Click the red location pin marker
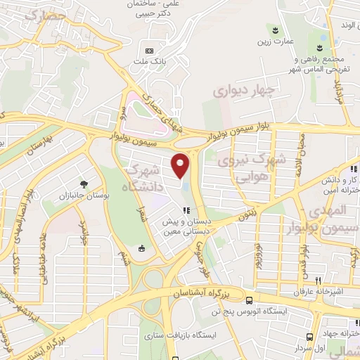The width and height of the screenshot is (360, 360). [x=181, y=165]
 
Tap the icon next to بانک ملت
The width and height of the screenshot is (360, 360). [x=149, y=51]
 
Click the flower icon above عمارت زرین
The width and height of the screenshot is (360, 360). [x=273, y=29]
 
